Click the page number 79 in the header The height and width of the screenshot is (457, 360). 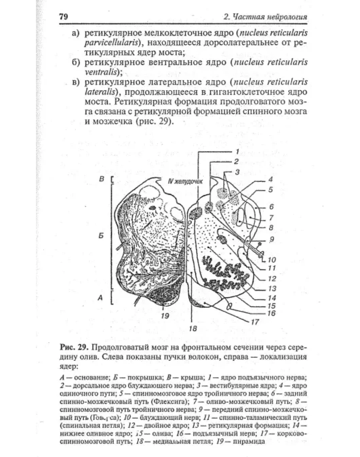(64, 17)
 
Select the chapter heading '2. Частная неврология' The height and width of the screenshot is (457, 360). (265, 17)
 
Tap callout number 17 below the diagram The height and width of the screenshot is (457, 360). (256, 321)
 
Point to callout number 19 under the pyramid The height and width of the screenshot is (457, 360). (165, 315)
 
